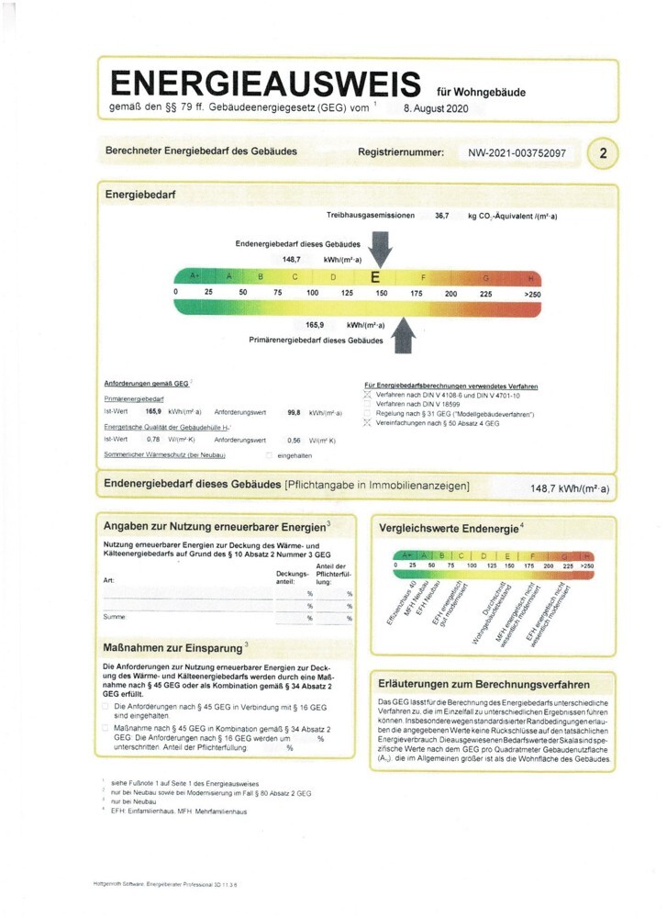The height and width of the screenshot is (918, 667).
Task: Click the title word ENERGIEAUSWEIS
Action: click(267, 84)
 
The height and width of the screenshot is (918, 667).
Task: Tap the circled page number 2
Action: click(603, 154)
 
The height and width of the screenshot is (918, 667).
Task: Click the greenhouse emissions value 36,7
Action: click(442, 216)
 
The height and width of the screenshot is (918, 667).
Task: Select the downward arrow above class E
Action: click(381, 248)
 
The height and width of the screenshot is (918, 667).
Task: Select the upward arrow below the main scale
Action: click(401, 336)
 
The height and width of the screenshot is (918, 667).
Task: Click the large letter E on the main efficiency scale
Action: click(375, 276)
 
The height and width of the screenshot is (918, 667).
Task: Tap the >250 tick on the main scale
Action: click(531, 293)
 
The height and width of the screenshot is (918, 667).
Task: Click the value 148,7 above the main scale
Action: click(292, 261)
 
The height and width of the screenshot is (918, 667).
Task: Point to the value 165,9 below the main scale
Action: click(316, 325)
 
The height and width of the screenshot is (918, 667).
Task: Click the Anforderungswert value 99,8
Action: click(295, 413)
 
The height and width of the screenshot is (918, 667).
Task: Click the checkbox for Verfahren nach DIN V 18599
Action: click(368, 404)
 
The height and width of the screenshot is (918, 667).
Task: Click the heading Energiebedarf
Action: click(140, 196)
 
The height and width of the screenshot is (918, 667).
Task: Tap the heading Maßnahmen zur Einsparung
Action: click(167, 648)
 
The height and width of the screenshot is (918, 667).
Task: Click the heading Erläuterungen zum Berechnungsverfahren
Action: click(484, 684)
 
